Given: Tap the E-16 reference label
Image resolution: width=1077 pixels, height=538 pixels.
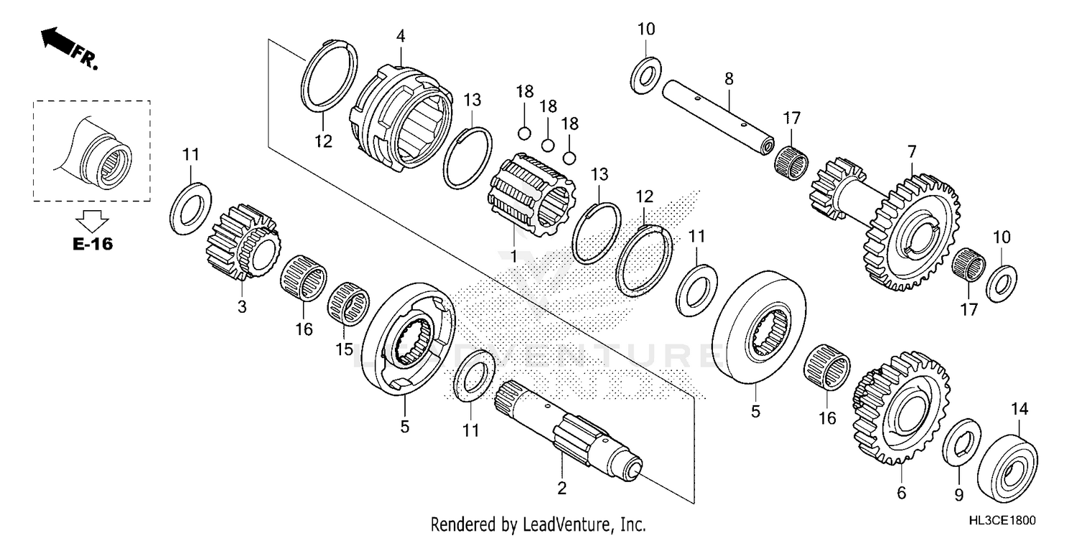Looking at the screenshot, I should coord(93,245).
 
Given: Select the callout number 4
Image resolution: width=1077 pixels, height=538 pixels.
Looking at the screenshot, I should coord(400,35).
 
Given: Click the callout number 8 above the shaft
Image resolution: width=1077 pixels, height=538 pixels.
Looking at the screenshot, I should coord(728,78).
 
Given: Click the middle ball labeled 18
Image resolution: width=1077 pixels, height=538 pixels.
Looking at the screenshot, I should coord(547,146).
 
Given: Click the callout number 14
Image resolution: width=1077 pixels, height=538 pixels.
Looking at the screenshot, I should coord(1020,409).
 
